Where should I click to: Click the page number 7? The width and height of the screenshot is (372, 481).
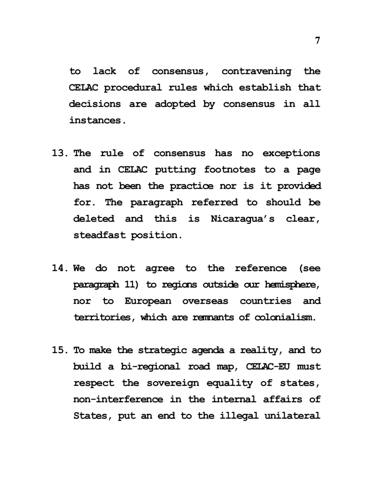(x=317, y=41)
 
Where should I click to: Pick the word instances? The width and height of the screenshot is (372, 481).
(x=96, y=120)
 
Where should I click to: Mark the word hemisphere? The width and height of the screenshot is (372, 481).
(x=293, y=285)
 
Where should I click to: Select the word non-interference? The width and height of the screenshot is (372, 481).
(x=115, y=400)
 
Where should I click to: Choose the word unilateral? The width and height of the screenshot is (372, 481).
(x=295, y=416)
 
